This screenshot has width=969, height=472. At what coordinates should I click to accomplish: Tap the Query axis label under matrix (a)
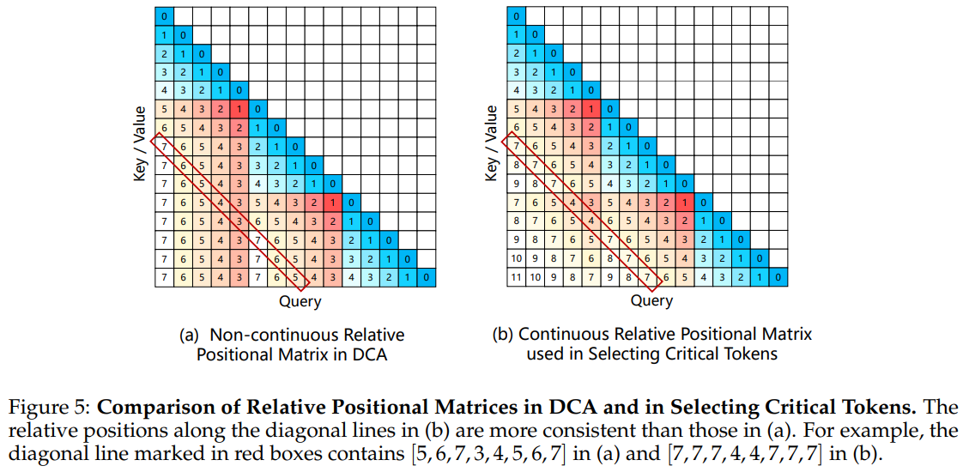click(300, 301)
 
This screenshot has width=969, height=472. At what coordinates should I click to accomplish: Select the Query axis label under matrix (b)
click(651, 301)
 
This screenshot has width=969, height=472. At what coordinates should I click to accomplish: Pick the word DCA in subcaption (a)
click(371, 354)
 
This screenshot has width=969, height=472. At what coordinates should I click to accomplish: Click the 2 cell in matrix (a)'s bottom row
click(389, 277)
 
